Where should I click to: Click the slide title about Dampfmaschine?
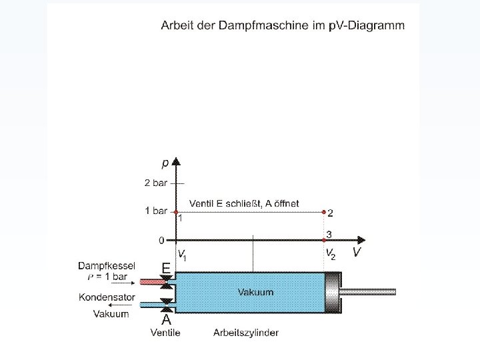[282, 25]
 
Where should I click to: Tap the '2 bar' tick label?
[156, 182]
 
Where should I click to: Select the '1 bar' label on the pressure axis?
[156, 211]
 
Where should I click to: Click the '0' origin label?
[161, 239]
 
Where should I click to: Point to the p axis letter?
[165, 163]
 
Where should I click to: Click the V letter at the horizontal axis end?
[357, 252]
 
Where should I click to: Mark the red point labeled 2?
[324, 213]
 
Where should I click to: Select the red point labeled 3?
[324, 239]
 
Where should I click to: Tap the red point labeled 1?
[176, 212]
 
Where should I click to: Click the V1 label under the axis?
[181, 253]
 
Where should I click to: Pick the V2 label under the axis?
[330, 253]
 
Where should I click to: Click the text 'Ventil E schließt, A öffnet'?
[244, 203]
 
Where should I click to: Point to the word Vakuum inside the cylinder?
[255, 292]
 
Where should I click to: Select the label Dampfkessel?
[107, 265]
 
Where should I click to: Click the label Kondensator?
[107, 297]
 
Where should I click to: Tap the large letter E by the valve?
[165, 267]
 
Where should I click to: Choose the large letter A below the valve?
[166, 319]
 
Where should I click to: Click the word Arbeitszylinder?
[246, 332]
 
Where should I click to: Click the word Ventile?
[165, 332]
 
